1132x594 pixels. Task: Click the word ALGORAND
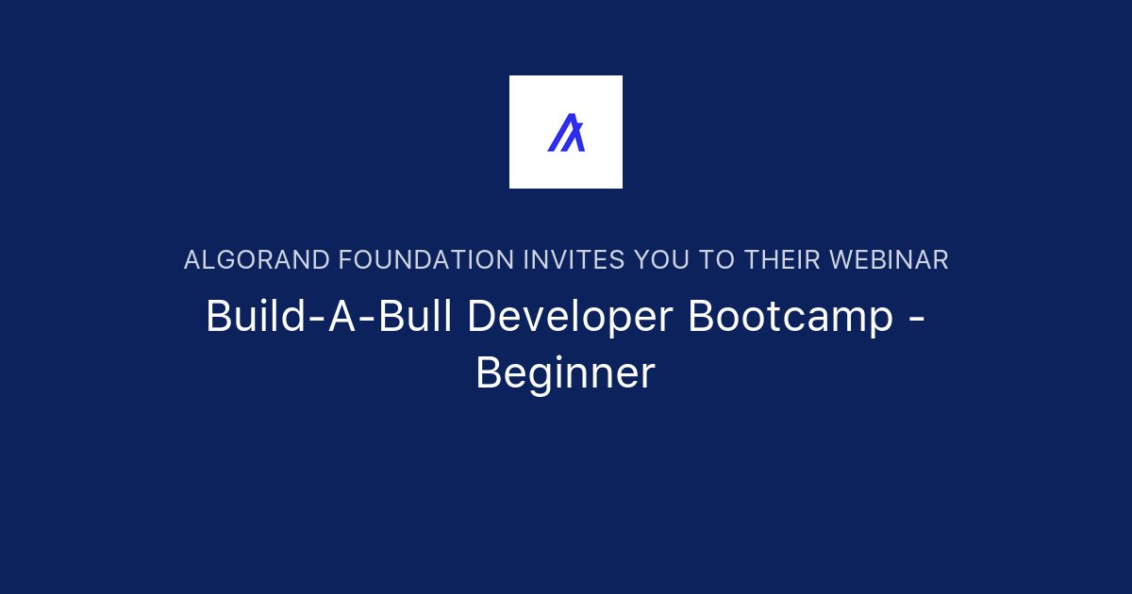pos(257,260)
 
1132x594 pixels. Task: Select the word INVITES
pos(574,260)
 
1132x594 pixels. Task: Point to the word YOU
pos(661,260)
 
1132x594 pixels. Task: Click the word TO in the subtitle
pos(717,260)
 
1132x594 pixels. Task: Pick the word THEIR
pos(782,260)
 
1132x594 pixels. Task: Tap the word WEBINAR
pos(889,260)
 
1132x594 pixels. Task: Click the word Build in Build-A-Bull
pos(256,316)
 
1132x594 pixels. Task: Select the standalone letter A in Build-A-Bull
pos(342,316)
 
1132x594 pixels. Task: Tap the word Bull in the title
pos(414,316)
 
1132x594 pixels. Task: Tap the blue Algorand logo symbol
pos(566,132)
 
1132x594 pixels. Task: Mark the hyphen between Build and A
pos(317,320)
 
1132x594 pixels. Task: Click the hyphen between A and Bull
pos(367,320)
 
